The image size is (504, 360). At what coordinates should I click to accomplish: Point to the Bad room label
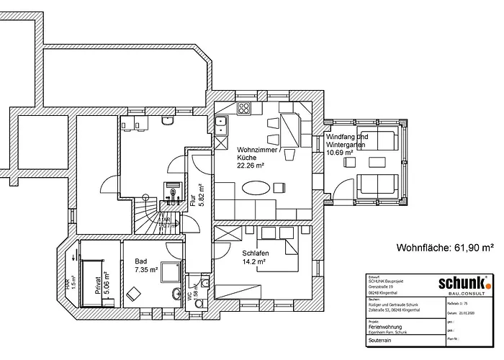(x=140, y=261)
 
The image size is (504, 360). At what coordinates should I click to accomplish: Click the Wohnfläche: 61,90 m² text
(x=444, y=248)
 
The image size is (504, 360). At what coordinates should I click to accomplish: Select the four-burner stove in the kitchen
(x=244, y=109)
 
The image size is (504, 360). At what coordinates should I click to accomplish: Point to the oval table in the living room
(x=256, y=188)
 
